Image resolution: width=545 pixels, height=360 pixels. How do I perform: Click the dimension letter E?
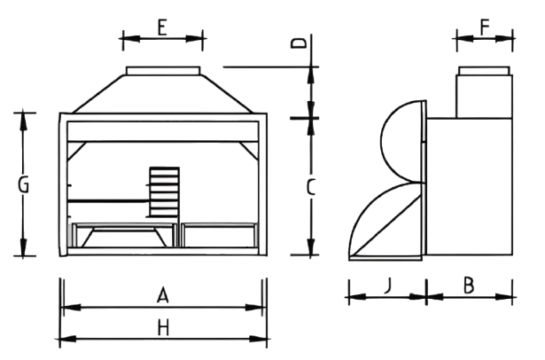click(162, 27)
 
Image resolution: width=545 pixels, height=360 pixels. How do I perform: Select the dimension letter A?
click(163, 295)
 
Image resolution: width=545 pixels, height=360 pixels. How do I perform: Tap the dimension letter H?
click(163, 328)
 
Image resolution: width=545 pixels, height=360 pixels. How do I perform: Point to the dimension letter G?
click(23, 184)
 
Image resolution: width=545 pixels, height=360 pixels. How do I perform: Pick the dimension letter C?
click(311, 187)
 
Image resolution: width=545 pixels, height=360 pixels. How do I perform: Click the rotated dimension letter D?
click(299, 43)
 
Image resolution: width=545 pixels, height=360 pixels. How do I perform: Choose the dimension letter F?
click(485, 27)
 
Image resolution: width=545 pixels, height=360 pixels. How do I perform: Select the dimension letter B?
click(469, 286)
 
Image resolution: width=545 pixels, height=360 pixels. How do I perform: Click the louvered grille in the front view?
click(165, 192)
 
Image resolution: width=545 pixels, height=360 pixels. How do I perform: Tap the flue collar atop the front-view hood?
click(163, 71)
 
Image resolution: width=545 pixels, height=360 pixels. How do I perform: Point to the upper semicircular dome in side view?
click(403, 141)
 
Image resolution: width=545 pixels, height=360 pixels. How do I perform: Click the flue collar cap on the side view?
click(484, 71)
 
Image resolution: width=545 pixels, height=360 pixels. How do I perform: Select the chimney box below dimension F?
click(485, 97)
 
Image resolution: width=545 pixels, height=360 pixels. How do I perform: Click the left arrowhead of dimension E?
click(131, 39)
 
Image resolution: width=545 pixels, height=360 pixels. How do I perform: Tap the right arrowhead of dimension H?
click(258, 339)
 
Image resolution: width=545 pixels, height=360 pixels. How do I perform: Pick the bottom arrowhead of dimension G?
click(23, 247)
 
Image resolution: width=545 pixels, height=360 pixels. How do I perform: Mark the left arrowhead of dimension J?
click(357, 297)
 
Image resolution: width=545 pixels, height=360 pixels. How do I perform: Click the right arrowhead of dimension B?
click(504, 297)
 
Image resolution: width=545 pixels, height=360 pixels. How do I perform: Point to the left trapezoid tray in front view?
click(124, 238)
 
